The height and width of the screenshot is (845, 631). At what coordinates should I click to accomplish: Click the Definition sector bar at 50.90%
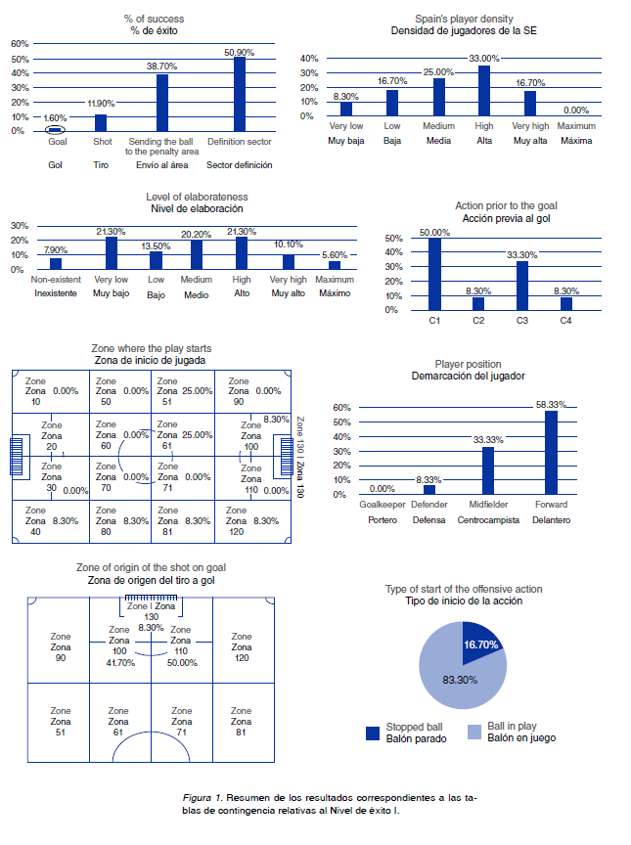click(x=240, y=94)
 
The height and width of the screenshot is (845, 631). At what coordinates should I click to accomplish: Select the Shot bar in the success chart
click(x=101, y=122)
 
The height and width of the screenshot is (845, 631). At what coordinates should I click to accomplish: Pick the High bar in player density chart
click(x=483, y=91)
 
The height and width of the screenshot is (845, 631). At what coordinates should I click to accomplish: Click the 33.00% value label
click(x=483, y=59)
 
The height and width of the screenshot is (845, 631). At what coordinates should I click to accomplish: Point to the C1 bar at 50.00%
click(x=434, y=274)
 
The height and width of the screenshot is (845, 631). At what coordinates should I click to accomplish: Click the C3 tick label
click(x=522, y=320)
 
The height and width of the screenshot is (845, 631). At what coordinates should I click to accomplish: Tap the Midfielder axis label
click(x=487, y=505)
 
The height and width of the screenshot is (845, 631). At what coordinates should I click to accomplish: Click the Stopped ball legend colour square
click(x=372, y=733)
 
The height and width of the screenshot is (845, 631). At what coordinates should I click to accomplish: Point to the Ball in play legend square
click(x=474, y=733)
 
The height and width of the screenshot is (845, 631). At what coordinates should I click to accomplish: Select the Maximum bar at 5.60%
click(x=335, y=264)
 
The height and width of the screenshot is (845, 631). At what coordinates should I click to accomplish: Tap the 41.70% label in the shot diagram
click(x=119, y=662)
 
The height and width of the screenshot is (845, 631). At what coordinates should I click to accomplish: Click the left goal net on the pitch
click(x=18, y=457)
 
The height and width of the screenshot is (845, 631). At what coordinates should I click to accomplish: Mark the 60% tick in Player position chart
click(x=341, y=408)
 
